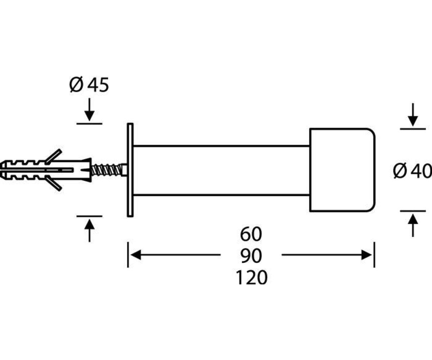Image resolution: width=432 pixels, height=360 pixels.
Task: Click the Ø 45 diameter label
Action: coord(89,85)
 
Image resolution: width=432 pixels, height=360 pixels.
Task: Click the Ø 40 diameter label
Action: coord(413,171)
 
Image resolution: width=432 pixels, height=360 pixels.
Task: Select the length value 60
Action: coord(251,234)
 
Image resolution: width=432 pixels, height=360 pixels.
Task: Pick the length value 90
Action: coord(251,256)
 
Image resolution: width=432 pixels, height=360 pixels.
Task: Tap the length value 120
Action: coord(251,278)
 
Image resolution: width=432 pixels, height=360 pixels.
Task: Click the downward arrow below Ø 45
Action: coord(89,109)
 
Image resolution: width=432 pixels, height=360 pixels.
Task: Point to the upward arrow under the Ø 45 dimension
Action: coord(89,230)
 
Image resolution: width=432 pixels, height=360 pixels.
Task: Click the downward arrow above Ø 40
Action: coord(413,114)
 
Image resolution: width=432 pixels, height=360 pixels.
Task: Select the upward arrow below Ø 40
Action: coord(413,225)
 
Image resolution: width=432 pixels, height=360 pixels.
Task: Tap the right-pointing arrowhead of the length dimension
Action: coord(366,255)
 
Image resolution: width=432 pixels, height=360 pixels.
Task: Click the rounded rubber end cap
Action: coord(342,170)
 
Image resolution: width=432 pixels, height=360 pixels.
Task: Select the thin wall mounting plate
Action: coord(130,170)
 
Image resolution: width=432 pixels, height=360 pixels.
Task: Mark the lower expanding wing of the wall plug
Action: coord(54,184)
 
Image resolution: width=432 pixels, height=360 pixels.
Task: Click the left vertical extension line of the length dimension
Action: coord(128,255)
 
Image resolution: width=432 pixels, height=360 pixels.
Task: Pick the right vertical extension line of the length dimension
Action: coord(374,255)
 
